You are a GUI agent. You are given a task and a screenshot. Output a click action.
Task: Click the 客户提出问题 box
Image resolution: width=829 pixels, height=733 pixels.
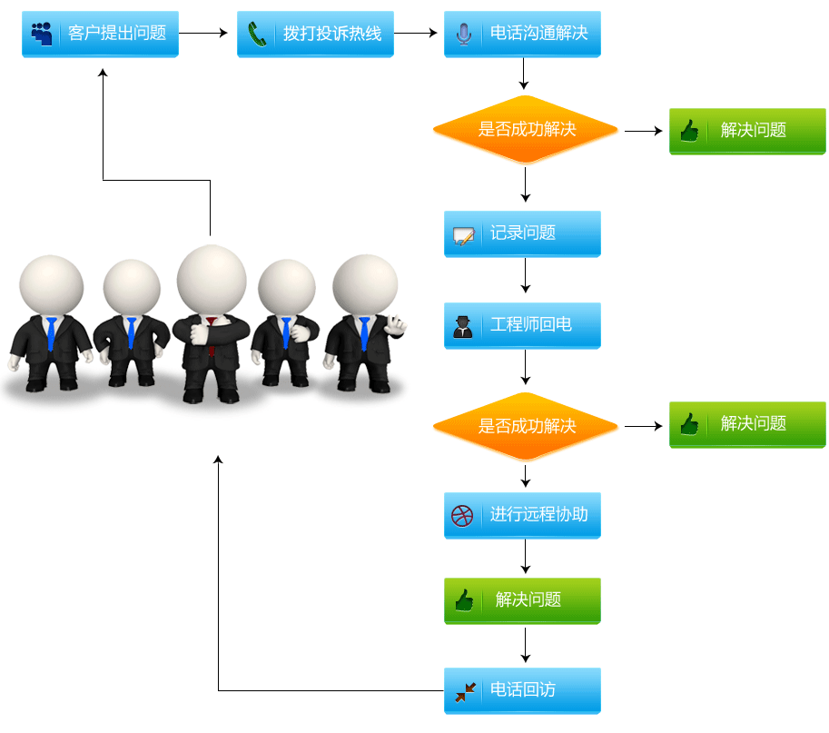pos(100,35)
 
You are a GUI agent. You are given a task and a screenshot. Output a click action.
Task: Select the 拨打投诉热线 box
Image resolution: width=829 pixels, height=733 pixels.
pos(315,35)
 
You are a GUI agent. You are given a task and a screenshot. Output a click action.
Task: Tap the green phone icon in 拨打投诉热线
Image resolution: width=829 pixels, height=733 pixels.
pos(258,35)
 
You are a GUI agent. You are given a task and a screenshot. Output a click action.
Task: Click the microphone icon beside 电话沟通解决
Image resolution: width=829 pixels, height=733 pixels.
pos(464,35)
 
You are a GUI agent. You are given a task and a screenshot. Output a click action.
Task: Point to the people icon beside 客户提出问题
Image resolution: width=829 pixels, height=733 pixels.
pos(42,34)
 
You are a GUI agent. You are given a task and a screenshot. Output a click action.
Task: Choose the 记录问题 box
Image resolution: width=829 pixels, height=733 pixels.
pos(522,233)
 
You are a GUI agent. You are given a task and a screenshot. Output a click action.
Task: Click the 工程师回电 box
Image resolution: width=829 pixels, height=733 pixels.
pos(522,325)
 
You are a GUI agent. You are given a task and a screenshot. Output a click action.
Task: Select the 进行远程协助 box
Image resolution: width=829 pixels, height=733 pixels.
pos(522,515)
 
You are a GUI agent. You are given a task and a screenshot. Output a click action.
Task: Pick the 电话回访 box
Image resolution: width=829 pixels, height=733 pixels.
pos(522,690)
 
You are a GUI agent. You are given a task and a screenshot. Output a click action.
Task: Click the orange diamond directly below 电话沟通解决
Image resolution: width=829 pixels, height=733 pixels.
pos(526,130)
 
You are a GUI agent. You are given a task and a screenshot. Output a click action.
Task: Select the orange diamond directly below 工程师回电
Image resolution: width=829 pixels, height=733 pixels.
pos(526,426)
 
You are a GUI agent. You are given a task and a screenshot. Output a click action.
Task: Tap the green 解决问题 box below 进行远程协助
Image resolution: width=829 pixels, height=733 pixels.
pos(522,600)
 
